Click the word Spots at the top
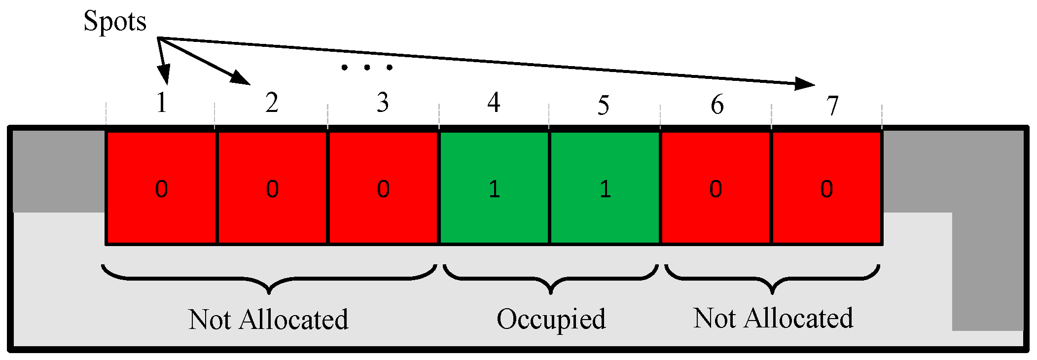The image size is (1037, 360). click(x=115, y=22)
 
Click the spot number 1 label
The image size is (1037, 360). click(x=162, y=103)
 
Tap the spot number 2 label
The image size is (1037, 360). click(x=272, y=103)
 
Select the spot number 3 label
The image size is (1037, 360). click(x=383, y=103)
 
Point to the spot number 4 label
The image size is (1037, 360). click(x=494, y=103)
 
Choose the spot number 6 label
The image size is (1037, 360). click(x=717, y=105)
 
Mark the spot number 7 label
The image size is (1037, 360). click(x=832, y=106)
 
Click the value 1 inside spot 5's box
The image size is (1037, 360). click(x=605, y=189)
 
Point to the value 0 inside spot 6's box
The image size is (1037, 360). click(x=715, y=189)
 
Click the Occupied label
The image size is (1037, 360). click(x=551, y=320)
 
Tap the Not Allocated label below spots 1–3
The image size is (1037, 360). click(x=268, y=320)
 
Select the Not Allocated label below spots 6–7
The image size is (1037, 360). click(x=773, y=319)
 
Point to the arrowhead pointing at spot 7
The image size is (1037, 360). click(x=805, y=84)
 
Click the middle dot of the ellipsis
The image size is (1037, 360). click(x=367, y=67)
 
